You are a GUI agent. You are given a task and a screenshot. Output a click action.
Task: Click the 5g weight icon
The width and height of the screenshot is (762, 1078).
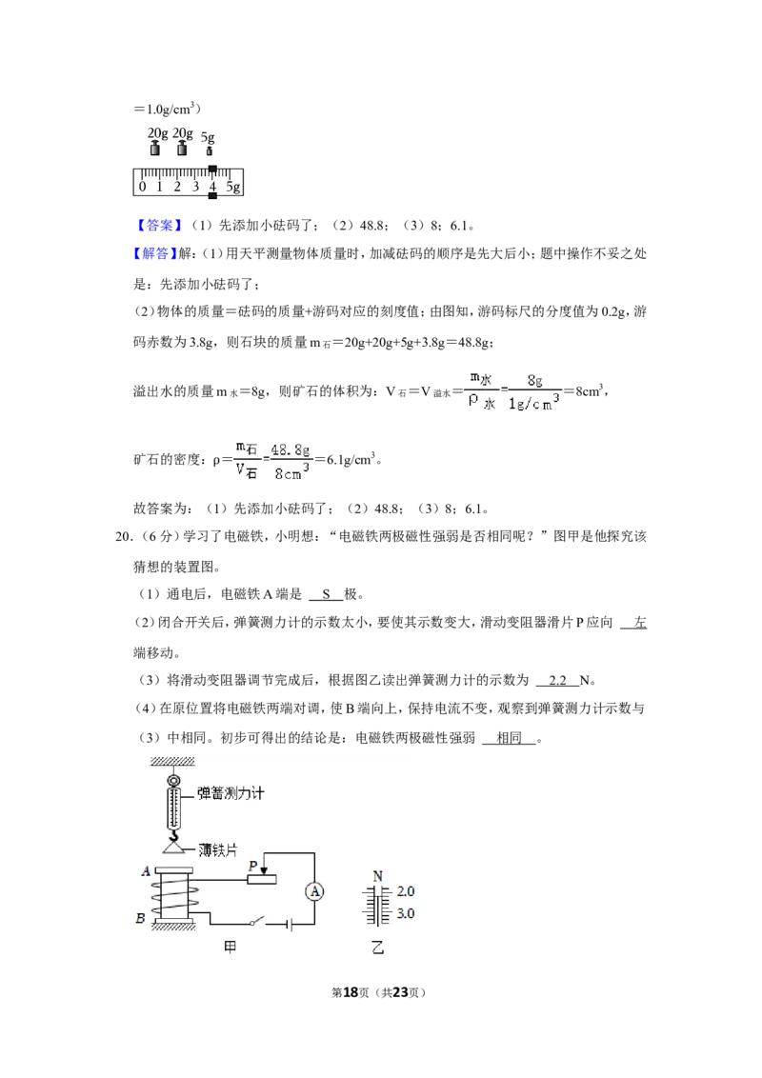pyautogui.click(x=210, y=150)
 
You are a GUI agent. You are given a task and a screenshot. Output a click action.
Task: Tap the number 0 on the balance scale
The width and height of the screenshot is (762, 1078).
pyautogui.click(x=142, y=187)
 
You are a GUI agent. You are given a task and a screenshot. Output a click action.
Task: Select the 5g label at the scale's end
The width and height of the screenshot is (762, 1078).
pyautogui.click(x=233, y=187)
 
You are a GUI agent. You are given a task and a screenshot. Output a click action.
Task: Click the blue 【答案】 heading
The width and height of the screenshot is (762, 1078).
pyautogui.click(x=159, y=226)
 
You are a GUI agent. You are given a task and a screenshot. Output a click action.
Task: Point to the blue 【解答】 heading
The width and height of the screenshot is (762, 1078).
pyautogui.click(x=155, y=253)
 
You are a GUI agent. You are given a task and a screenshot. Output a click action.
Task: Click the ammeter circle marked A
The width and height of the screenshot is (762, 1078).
pyautogui.click(x=314, y=891)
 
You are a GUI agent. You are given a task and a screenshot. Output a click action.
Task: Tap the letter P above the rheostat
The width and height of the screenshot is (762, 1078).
pyautogui.click(x=253, y=867)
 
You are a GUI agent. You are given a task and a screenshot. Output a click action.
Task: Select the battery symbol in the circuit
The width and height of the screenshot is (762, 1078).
pyautogui.click(x=290, y=925)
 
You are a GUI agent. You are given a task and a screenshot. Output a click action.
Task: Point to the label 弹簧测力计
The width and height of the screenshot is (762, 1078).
pyautogui.click(x=231, y=793)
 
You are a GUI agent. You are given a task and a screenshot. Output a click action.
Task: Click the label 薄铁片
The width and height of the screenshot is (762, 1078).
pyautogui.click(x=217, y=850)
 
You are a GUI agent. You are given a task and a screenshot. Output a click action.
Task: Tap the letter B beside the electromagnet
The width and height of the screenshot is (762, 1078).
pyautogui.click(x=140, y=918)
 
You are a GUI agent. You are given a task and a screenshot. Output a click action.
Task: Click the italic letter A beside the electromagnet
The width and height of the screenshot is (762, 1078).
pyautogui.click(x=146, y=871)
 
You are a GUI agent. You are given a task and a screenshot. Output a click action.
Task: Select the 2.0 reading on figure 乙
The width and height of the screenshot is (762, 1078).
pyautogui.click(x=406, y=891)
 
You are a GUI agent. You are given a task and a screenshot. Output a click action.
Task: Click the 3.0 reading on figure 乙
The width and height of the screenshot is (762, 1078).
pyautogui.click(x=406, y=913)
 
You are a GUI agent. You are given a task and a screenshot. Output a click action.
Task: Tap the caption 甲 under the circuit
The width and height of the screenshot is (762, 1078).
pyautogui.click(x=231, y=948)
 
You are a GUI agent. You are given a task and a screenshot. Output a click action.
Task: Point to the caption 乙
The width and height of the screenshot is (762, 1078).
pyautogui.click(x=377, y=948)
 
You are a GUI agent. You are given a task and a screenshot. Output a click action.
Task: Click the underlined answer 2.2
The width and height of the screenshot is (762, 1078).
pyautogui.click(x=558, y=681)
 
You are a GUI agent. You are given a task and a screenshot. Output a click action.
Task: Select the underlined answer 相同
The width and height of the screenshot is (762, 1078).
pyautogui.click(x=509, y=738)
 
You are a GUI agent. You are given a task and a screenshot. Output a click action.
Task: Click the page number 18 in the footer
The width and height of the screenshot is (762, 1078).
pyautogui.click(x=351, y=992)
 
